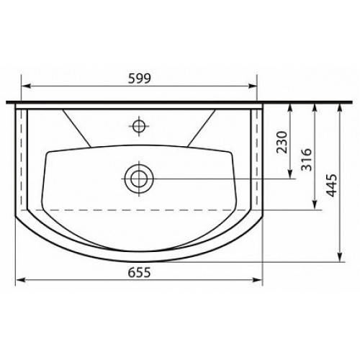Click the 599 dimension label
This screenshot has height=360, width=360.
tap(140, 78)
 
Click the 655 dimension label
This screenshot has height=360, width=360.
tap(139, 272)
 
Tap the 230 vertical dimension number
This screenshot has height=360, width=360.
tap(282, 142)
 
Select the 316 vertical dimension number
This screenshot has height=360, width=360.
tap(307, 159)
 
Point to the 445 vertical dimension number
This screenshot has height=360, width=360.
tap(332, 186)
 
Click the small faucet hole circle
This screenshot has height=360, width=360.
tap(139, 125)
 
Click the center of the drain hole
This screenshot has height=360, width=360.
tap(139, 179)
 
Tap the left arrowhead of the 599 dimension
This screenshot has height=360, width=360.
tap(26, 86)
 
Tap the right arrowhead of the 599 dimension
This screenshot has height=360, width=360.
tap(252, 86)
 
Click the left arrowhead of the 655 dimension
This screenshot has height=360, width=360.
tap(20, 280)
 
